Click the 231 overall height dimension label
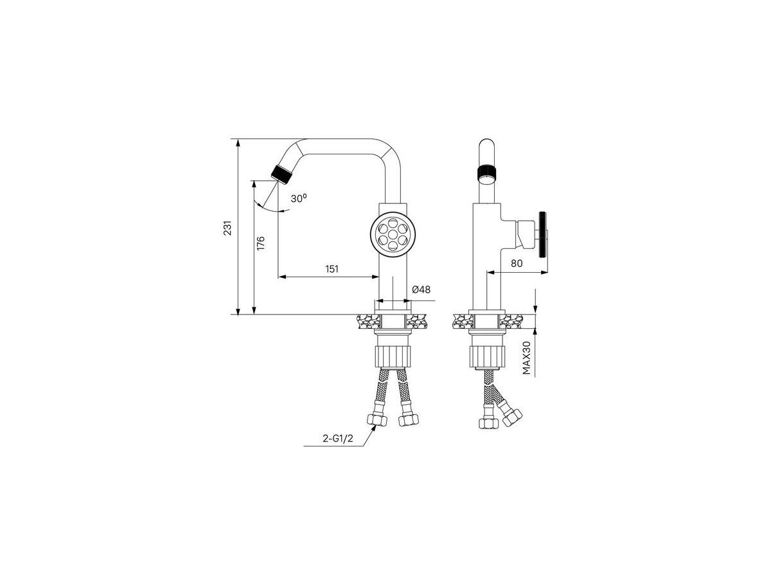click(x=227, y=228)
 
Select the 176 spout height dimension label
click(x=261, y=243)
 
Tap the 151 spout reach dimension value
click(x=332, y=269)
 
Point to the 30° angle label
click(x=299, y=198)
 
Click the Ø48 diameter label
click(x=421, y=289)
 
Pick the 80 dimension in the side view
click(x=517, y=263)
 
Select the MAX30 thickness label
click(x=526, y=358)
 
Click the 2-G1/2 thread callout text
click(x=337, y=438)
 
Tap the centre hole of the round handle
click(x=393, y=234)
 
